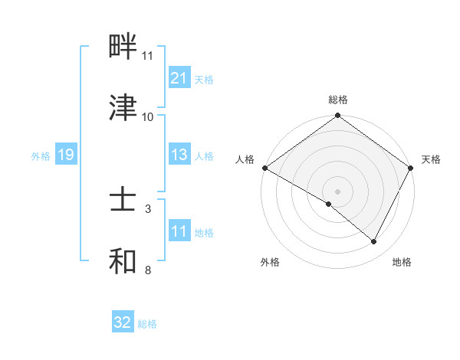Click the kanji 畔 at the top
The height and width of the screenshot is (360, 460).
[x=123, y=47]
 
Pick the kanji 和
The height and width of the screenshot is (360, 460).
[x=123, y=262]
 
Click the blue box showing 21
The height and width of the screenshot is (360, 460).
[x=179, y=78]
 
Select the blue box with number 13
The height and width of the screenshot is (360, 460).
[x=179, y=155]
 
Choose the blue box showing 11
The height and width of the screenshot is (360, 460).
[x=179, y=231]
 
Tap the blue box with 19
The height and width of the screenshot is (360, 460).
[x=66, y=155]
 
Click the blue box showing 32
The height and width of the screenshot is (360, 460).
[x=123, y=322]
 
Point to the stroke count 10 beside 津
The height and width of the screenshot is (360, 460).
[x=148, y=116]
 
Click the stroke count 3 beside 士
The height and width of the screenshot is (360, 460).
[x=148, y=208]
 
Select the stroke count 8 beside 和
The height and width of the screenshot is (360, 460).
[x=148, y=270]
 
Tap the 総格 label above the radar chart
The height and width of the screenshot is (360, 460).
[x=338, y=100]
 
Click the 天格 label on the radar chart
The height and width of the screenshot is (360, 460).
[x=431, y=159]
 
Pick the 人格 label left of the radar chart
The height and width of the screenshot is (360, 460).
[x=245, y=159]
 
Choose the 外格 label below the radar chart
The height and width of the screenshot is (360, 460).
[x=270, y=262]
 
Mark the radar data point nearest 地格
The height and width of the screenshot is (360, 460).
[x=374, y=242]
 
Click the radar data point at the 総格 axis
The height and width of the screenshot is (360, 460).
[x=338, y=116]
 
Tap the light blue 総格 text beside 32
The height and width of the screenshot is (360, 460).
[x=147, y=324]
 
